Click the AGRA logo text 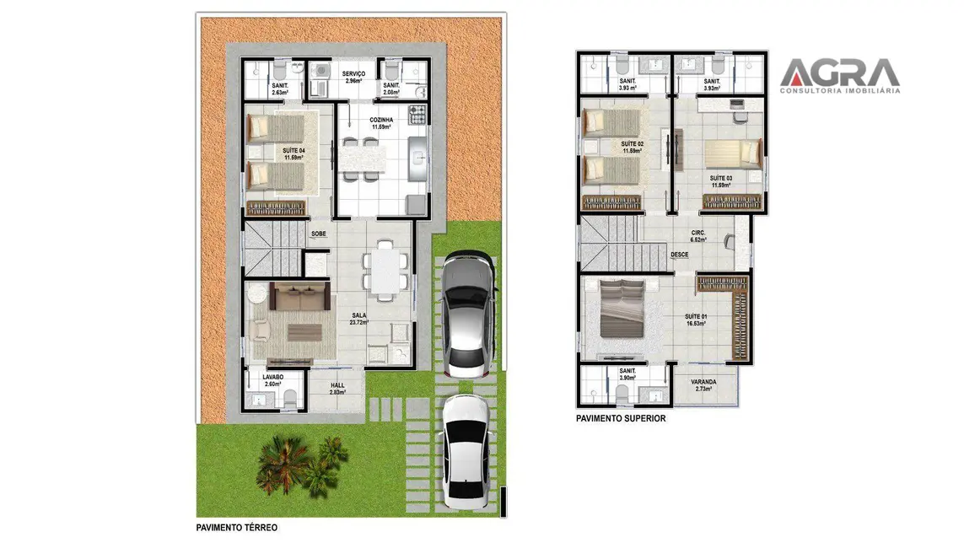pos(839,73)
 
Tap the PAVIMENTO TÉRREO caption pos(236,528)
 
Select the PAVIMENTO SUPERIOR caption pos(621,418)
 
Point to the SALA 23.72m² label pos(360,319)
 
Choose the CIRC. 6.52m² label pos(697,234)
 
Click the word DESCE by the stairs pos(680,254)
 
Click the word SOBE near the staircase pos(318,234)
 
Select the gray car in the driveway pos(467,314)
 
